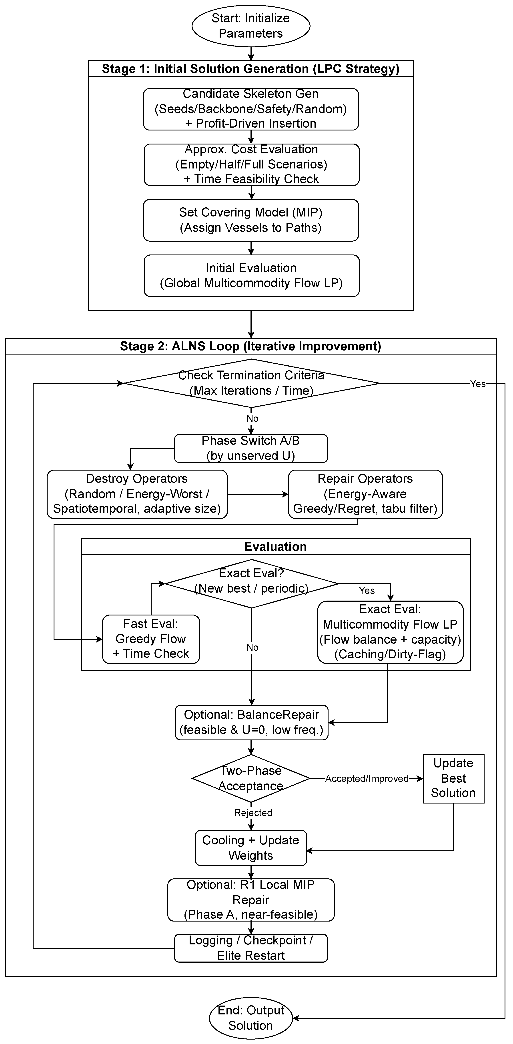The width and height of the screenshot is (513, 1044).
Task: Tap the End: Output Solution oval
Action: click(251, 1018)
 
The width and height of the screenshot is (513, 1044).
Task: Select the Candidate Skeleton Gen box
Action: click(251, 109)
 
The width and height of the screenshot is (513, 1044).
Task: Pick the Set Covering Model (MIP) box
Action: click(251, 220)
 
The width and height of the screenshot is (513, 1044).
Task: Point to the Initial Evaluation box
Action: click(251, 276)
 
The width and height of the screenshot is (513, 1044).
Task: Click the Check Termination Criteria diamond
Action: click(251, 383)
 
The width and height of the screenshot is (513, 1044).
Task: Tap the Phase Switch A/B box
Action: click(251, 448)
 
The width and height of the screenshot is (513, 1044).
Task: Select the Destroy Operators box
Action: click(137, 494)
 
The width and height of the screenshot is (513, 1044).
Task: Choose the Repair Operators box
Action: click(365, 494)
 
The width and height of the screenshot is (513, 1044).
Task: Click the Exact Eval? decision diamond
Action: click(251, 584)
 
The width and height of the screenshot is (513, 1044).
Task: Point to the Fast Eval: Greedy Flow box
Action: click(151, 639)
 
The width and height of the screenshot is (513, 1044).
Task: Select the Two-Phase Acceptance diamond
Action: click(251, 778)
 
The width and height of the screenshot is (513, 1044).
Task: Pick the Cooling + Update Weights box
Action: click(251, 848)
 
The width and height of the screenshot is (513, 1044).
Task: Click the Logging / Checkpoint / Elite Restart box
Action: click(251, 948)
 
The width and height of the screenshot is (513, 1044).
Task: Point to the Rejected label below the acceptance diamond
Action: click(253, 813)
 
